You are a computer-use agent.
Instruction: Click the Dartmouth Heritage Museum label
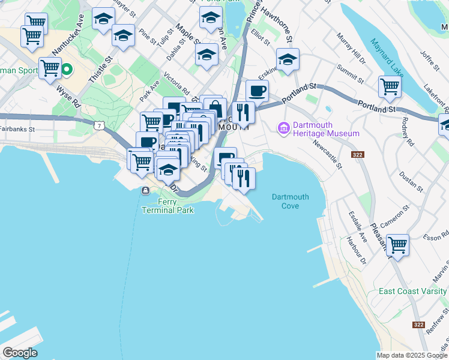coord(326,129)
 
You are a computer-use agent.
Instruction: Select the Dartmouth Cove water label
coord(290,201)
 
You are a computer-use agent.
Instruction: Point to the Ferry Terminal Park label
coord(167,206)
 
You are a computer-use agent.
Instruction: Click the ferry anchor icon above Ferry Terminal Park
coord(145,191)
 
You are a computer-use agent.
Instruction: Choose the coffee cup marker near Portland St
coord(257,91)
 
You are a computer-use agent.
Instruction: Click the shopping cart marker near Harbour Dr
coord(397,245)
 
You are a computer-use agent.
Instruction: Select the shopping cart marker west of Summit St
coord(390,86)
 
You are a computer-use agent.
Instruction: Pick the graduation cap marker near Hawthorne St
coord(288,59)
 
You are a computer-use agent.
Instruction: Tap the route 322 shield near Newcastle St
coord(358,155)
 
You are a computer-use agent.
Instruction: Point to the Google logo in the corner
coord(20,353)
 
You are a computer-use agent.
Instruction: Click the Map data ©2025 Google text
coord(412,355)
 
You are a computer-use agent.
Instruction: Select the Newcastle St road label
coord(327,154)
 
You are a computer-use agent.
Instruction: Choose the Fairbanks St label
coord(17,128)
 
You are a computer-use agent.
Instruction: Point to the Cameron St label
coord(399,214)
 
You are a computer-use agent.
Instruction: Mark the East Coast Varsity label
coord(414,292)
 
